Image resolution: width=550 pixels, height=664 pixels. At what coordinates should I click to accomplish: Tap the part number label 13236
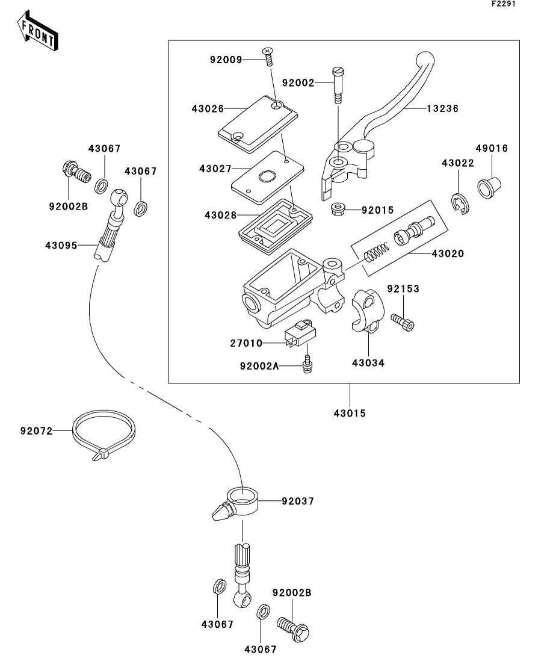(443, 109)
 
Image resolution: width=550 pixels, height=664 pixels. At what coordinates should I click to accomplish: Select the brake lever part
(385, 120)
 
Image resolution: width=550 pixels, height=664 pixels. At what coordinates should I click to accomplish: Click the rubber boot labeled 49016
(490, 185)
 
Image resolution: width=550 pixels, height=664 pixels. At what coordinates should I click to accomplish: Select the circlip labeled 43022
(461, 203)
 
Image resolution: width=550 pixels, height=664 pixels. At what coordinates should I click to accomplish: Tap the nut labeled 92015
(338, 210)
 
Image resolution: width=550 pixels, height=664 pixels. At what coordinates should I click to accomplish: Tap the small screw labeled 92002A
(308, 364)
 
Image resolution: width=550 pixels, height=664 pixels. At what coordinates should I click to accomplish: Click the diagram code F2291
(504, 4)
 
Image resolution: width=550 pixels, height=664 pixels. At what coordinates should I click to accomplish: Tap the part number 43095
(61, 245)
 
